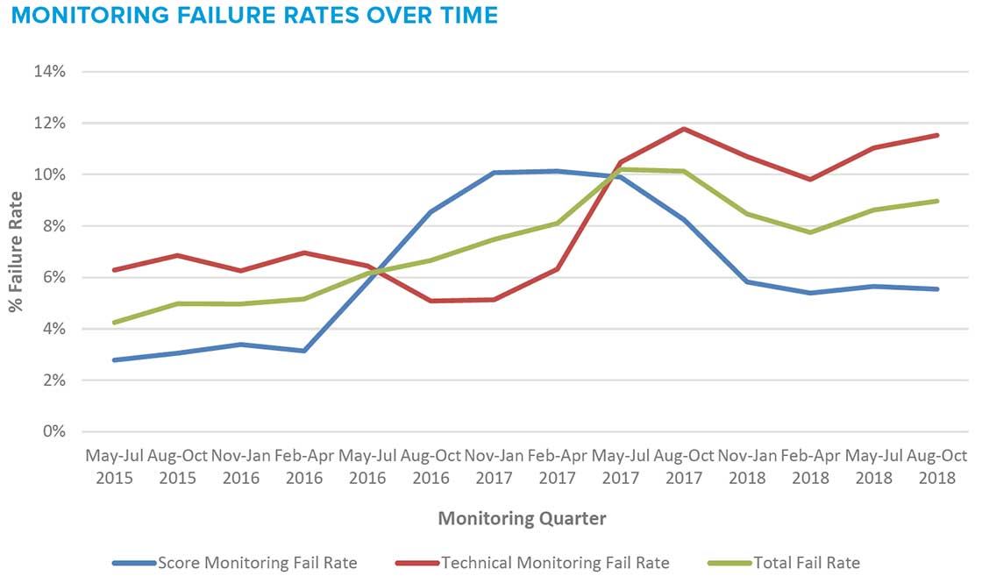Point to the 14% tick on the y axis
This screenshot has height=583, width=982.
pyautogui.click(x=50, y=71)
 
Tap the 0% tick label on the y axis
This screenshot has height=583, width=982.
pyautogui.click(x=53, y=432)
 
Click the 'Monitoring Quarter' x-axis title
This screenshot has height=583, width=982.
pyautogui.click(x=522, y=518)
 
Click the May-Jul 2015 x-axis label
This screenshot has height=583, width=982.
pyautogui.click(x=114, y=466)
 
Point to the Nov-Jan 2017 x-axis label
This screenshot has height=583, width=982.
pyautogui.click(x=494, y=466)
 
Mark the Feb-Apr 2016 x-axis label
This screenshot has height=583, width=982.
pyautogui.click(x=303, y=466)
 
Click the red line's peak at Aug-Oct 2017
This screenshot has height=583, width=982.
pyautogui.click(x=684, y=129)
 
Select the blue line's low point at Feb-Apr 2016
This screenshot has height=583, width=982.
pyautogui.click(x=303, y=351)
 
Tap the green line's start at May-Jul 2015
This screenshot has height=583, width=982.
pyautogui.click(x=114, y=323)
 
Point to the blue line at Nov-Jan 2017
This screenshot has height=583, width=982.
pyautogui.click(x=494, y=173)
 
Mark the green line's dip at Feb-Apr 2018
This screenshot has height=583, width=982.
pyautogui.click(x=811, y=232)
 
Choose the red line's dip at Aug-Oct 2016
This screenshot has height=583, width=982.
pyautogui.click(x=431, y=301)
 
